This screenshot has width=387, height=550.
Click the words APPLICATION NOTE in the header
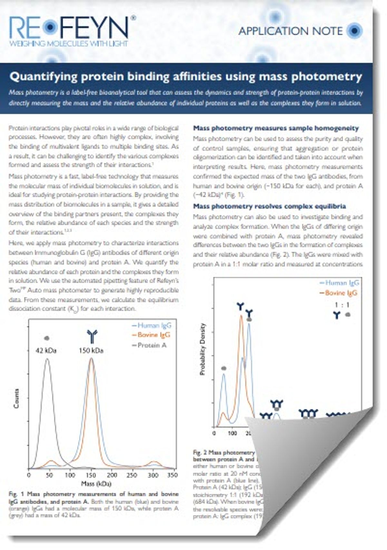pyautogui.click(x=290, y=31)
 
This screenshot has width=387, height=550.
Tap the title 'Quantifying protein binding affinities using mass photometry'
pyautogui.click(x=186, y=77)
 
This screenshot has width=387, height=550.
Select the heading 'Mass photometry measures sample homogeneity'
pyautogui.click(x=276, y=128)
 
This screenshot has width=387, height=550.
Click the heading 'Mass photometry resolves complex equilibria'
pyautogui.click(x=269, y=206)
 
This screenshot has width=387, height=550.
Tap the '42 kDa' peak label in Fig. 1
pyautogui.click(x=46, y=350)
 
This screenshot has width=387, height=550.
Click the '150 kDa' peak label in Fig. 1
pyautogui.click(x=91, y=350)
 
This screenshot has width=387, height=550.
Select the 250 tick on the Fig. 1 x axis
pyautogui.click(x=132, y=475)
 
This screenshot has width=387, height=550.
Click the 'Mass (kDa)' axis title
pyautogui.click(x=96, y=484)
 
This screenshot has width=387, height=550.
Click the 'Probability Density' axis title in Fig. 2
pyautogui.click(x=203, y=349)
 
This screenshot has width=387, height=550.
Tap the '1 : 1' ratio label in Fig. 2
pyautogui.click(x=342, y=305)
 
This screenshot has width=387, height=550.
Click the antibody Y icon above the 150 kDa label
pyautogui.click(x=92, y=336)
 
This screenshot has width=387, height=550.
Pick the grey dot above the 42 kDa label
pyautogui.click(x=46, y=338)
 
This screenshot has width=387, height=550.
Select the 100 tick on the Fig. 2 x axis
pyautogui.click(x=233, y=433)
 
